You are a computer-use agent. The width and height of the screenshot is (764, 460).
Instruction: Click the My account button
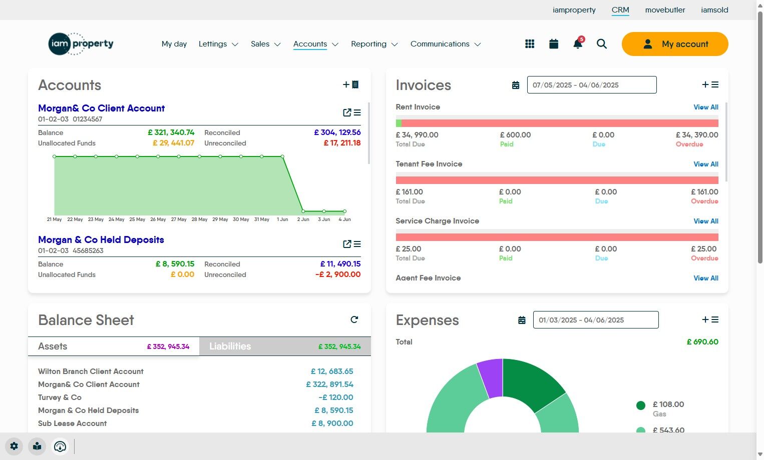click(675, 44)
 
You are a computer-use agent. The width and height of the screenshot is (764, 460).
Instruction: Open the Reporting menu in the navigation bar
click(374, 44)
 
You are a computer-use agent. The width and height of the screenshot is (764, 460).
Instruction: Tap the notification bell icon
click(578, 43)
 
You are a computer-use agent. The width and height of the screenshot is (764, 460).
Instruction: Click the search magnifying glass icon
click(602, 44)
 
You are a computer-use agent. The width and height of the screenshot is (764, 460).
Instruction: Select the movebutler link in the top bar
click(665, 10)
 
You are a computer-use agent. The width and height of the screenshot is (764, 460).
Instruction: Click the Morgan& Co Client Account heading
click(101, 108)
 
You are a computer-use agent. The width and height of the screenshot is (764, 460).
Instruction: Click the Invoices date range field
click(592, 85)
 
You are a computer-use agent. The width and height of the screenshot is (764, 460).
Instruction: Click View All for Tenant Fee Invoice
click(706, 164)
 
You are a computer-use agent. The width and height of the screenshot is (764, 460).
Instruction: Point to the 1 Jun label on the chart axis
click(282, 219)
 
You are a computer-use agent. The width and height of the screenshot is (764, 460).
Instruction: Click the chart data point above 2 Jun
click(303, 211)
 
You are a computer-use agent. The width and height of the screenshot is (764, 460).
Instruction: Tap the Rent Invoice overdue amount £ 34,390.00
click(697, 135)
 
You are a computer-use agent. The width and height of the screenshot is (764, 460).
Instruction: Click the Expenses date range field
click(596, 320)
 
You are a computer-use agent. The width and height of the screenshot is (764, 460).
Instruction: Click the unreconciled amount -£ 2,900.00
click(337, 274)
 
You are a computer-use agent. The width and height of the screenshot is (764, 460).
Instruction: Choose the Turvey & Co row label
click(60, 397)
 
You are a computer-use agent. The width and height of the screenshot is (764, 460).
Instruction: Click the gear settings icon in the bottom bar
click(14, 446)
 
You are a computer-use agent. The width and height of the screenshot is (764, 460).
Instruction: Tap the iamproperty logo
click(81, 43)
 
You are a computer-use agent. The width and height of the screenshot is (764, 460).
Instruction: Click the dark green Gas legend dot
click(640, 405)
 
